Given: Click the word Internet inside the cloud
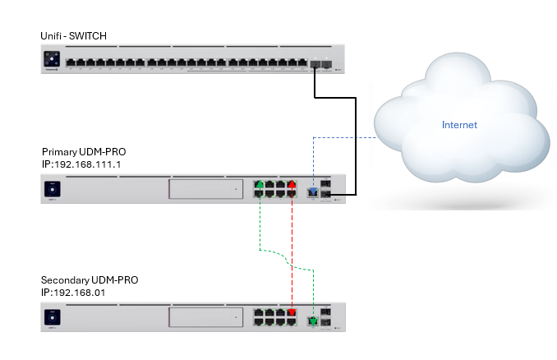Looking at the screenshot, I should click(x=459, y=125).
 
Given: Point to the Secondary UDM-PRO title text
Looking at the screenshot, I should click(x=90, y=279).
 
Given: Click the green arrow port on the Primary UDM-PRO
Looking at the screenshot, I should click(x=260, y=185).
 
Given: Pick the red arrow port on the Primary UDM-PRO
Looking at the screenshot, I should click(x=291, y=185).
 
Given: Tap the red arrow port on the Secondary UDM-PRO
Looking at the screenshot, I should click(x=291, y=312).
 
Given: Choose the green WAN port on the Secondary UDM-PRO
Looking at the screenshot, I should click(x=312, y=321).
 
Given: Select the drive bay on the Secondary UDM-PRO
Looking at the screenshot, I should click(x=205, y=317).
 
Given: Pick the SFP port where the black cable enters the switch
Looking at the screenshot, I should click(x=315, y=62).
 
